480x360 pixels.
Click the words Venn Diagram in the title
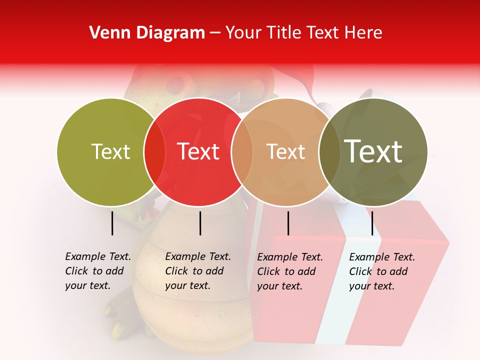coord(147,33)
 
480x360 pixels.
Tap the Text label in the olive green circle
coord(110,151)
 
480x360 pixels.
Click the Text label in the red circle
coord(198,151)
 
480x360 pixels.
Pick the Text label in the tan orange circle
coord(285,151)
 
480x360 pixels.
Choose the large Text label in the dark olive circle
coord(373,151)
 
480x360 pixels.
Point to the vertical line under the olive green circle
coord(112,223)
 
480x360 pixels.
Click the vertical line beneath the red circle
coord(200,223)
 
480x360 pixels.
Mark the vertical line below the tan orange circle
coord(288,223)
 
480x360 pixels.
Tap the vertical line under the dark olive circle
coord(372,223)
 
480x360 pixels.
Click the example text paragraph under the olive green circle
coord(97,271)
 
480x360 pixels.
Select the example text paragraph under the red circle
coord(197,271)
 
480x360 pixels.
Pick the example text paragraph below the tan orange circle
coord(290,271)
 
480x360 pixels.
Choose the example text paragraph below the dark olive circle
coord(382,271)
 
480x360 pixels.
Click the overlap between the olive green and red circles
coord(154,152)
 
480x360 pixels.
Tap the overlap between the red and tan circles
coord(242,152)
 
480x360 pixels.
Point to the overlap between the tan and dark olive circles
coord(329,152)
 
